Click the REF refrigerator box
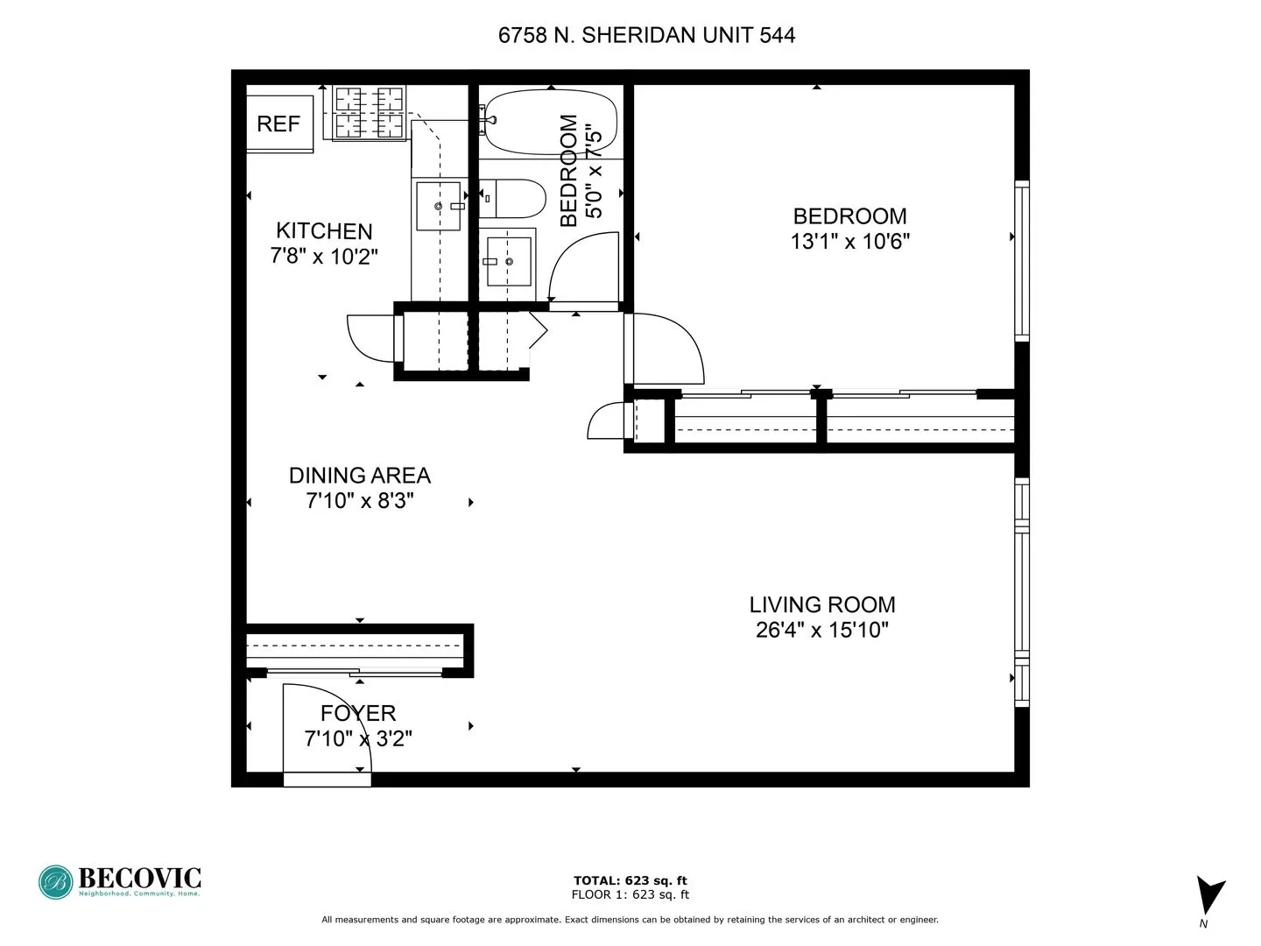click(x=279, y=124)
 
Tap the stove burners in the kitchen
click(x=370, y=113)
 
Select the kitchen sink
click(x=438, y=206)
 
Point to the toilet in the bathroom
click(x=512, y=199)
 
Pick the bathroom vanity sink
click(x=509, y=261)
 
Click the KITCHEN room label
click(x=324, y=231)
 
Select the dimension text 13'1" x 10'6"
click(x=849, y=242)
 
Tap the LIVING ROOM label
click(x=821, y=604)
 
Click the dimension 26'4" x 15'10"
click(x=821, y=630)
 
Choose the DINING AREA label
click(x=359, y=476)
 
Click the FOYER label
click(x=357, y=713)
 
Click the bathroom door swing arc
click(x=582, y=267)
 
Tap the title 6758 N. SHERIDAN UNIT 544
click(x=646, y=35)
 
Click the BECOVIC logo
click(x=120, y=881)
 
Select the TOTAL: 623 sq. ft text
click(x=630, y=880)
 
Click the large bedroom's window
click(x=1021, y=260)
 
